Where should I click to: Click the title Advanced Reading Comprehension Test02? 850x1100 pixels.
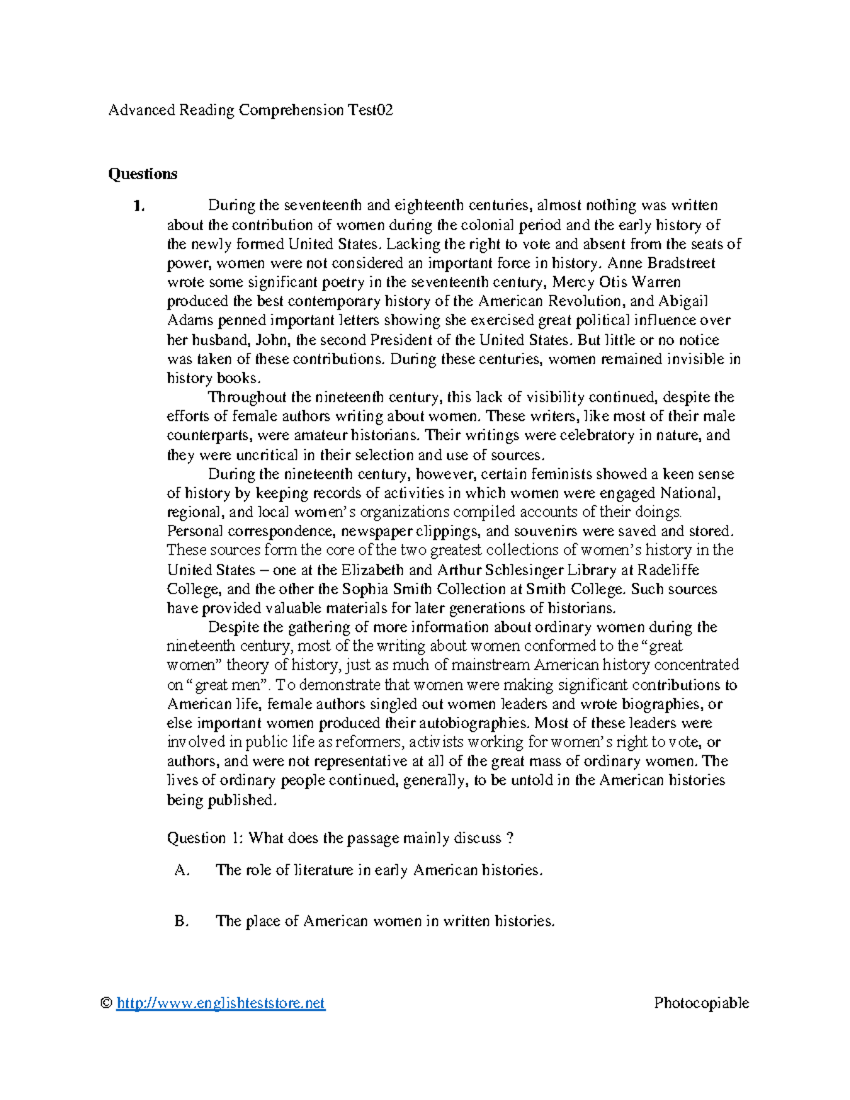pos(250,110)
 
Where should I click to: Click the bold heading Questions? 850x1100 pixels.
pos(142,174)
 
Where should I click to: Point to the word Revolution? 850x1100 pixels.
pos(580,302)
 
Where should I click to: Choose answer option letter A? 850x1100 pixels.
pos(181,871)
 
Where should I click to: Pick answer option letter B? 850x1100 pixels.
pos(181,922)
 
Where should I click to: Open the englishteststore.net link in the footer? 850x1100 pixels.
pos(220,1003)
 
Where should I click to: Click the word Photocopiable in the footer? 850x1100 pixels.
pos(701,1003)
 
